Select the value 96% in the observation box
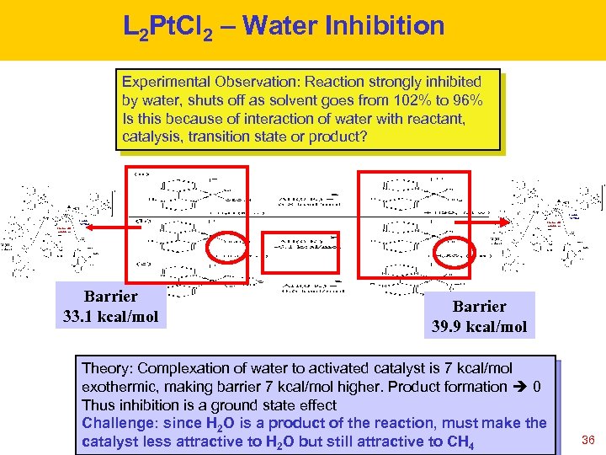465,99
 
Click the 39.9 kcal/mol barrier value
479,326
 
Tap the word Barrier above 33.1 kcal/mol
110,297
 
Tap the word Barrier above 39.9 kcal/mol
479,306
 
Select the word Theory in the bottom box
105,368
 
